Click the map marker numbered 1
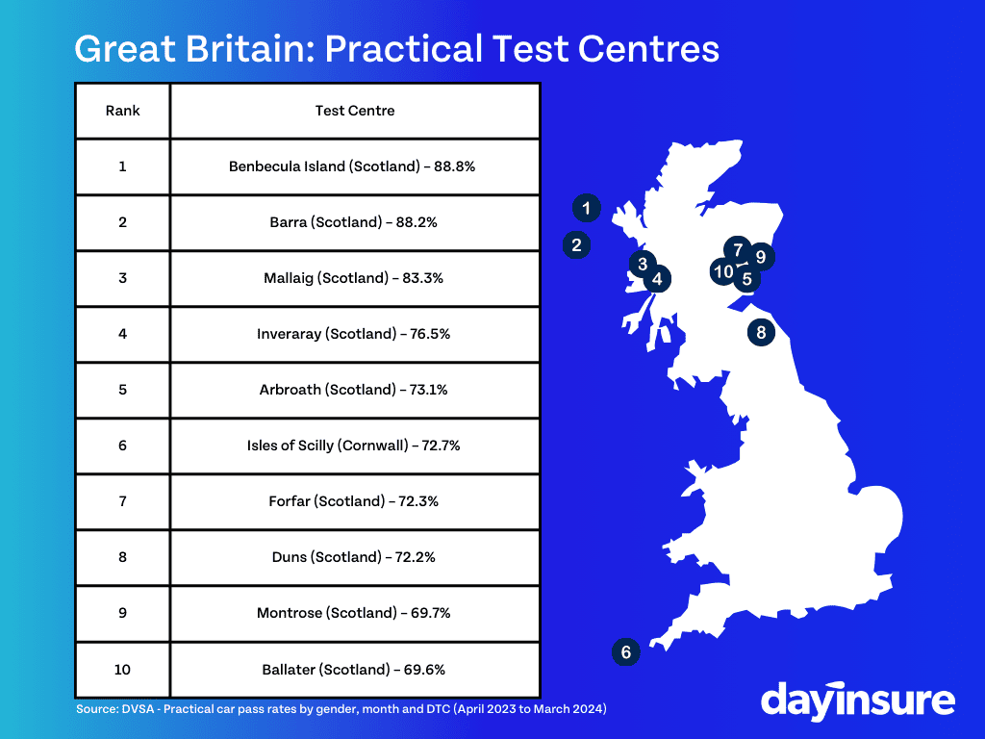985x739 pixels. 586,208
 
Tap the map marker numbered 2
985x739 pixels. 576,245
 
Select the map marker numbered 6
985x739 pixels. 625,652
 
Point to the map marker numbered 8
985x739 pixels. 762,332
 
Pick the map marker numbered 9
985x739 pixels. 762,256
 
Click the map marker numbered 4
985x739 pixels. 657,279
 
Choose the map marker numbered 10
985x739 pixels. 723,271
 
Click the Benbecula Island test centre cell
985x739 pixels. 355,166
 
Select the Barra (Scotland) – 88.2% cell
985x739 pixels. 355,222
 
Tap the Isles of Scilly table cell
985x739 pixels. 355,446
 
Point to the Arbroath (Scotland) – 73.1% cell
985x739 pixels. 355,390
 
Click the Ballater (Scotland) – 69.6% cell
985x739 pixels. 355,670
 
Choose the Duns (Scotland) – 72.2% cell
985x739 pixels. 355,557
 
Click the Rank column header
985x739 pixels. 122,111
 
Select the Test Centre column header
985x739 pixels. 355,111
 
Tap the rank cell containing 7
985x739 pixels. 122,501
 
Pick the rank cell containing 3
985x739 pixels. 122,278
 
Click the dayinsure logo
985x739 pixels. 857,701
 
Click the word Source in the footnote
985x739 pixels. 96,709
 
